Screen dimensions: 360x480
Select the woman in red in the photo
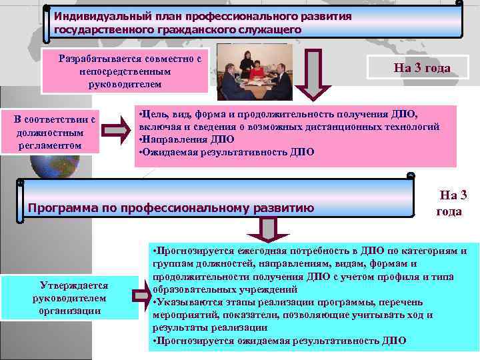(257, 68)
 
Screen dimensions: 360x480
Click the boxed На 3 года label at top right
(422, 68)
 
